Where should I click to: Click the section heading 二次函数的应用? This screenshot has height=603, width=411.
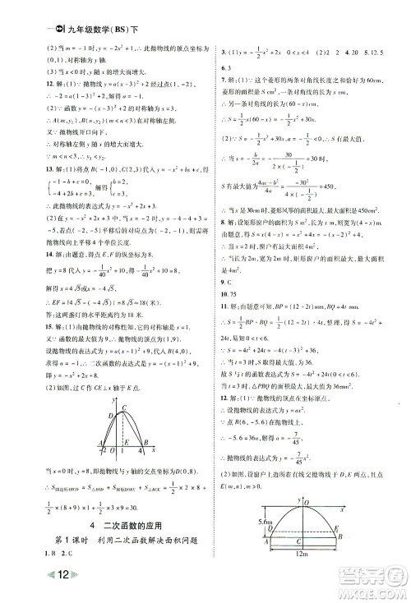click(x=136, y=528)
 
